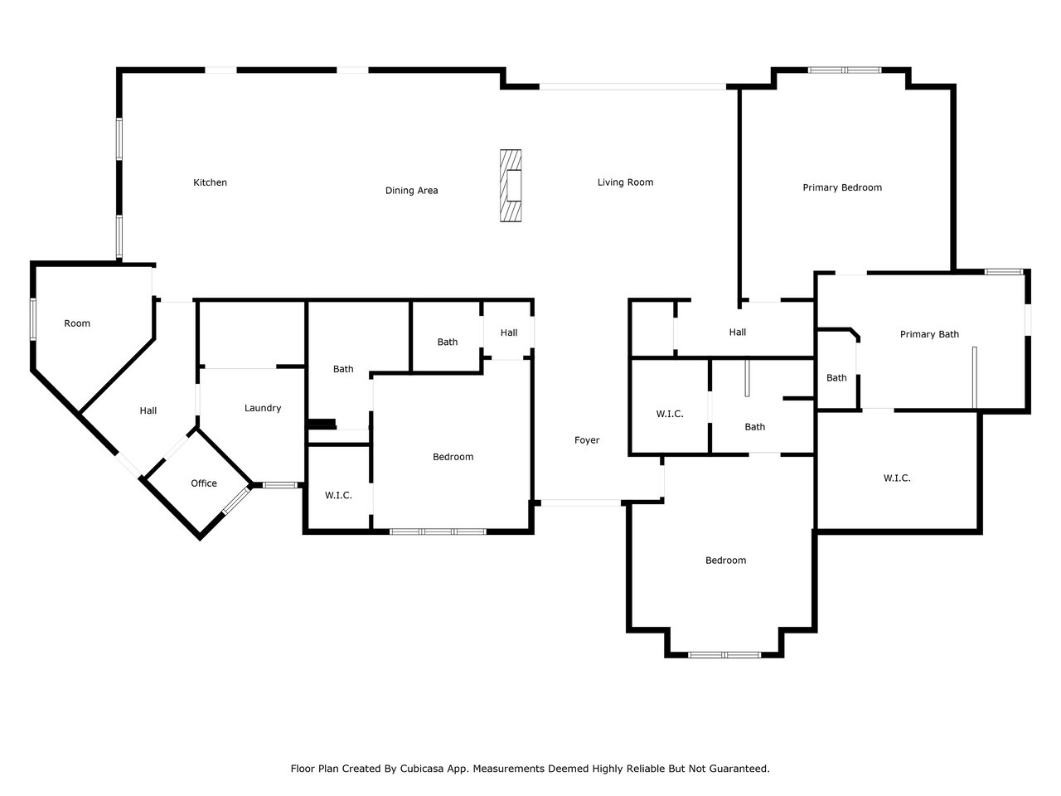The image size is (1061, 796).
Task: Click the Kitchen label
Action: [x=210, y=182]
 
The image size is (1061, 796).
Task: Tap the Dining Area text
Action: [x=411, y=191]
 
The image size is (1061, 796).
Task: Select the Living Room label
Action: [x=625, y=182]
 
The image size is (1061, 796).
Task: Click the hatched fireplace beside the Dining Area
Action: [x=511, y=186]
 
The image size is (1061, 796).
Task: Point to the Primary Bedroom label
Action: [x=842, y=187]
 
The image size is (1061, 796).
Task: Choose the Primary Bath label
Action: [x=929, y=334]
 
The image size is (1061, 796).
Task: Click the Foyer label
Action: [x=587, y=439]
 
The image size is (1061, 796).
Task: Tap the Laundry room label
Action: [x=263, y=408]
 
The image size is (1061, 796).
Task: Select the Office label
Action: [x=204, y=483]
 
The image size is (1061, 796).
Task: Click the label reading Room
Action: [x=77, y=323]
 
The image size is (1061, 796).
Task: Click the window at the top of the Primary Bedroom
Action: [x=844, y=70]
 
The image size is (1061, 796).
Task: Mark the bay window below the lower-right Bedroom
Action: [x=724, y=655]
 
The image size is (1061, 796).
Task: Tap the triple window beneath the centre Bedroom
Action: [x=438, y=531]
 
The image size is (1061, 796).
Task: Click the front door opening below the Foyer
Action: [x=580, y=503]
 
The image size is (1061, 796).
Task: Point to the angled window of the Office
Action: [x=237, y=500]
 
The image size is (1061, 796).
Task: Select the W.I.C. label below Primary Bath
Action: [x=897, y=478]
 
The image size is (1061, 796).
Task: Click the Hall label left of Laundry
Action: [x=148, y=410]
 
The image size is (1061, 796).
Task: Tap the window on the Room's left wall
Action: [x=33, y=318]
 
